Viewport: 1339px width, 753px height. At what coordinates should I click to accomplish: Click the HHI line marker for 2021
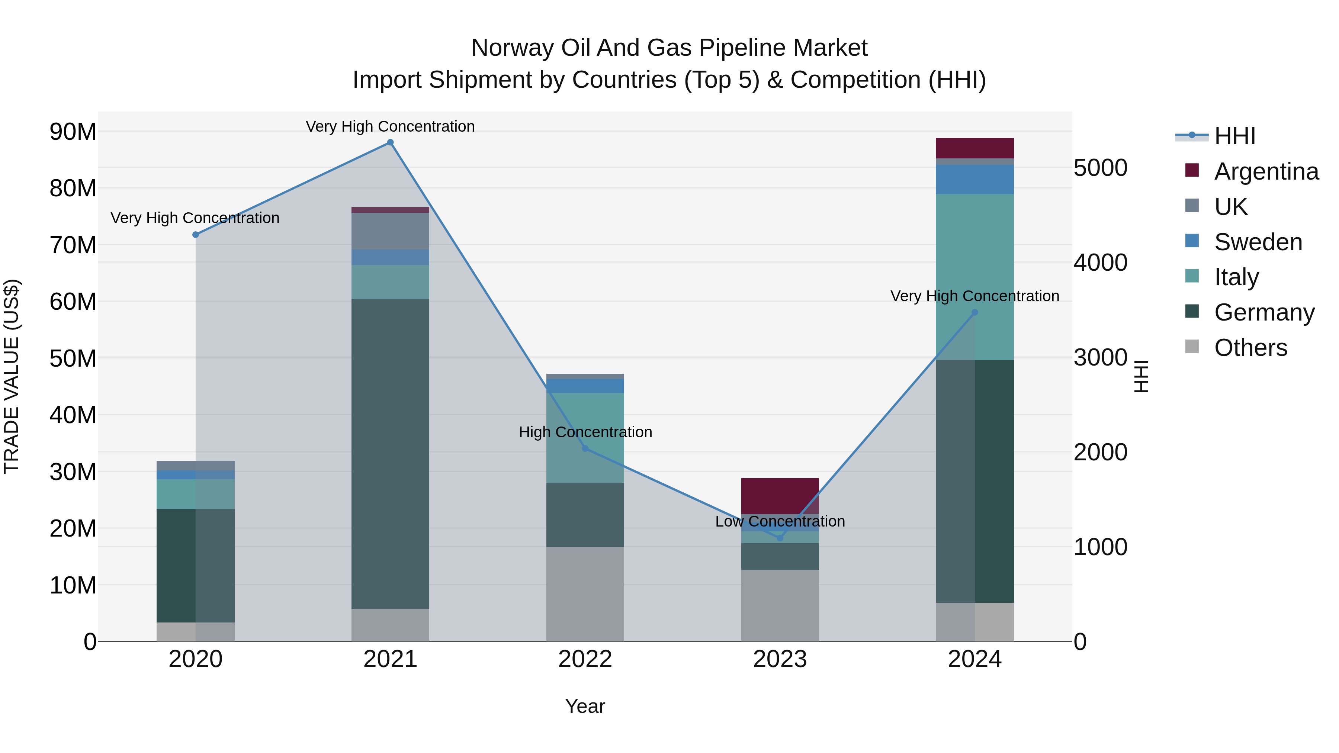[391, 142]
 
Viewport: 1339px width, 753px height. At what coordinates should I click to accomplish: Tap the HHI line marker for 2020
[195, 235]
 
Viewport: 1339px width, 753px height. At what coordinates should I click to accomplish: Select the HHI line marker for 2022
[585, 448]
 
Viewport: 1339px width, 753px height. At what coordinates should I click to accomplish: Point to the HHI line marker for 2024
[974, 312]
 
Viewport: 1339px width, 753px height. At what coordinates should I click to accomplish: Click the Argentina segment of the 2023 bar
[780, 495]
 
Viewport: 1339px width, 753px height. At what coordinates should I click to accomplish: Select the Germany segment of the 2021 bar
[391, 453]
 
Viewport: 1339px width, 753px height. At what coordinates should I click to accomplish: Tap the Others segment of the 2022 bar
[585, 593]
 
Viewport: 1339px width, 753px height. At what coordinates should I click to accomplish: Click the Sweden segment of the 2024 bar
[974, 179]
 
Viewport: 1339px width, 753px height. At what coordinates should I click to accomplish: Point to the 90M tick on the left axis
[73, 132]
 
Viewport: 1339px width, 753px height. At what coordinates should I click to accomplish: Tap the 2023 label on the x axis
[780, 659]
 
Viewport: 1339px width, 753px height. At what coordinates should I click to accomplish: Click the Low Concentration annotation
[780, 521]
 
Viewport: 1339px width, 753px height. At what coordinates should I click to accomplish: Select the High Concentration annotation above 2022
[585, 432]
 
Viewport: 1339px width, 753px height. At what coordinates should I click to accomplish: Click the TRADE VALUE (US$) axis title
[12, 376]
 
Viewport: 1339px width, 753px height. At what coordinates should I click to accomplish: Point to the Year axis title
[585, 706]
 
